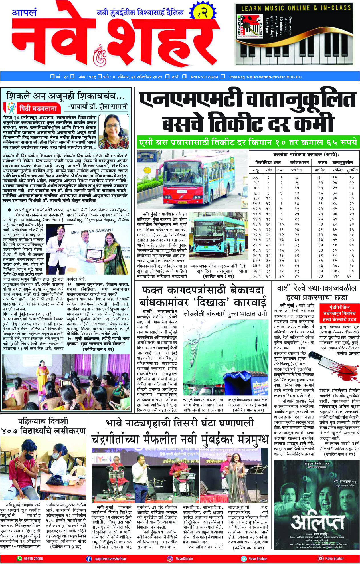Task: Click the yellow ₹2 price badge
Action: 203,13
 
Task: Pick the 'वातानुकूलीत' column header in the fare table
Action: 342,162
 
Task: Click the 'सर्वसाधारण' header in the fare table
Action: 299,162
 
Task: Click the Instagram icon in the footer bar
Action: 170,559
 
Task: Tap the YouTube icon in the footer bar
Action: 321,559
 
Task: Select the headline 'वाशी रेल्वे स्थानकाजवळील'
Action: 316,288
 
